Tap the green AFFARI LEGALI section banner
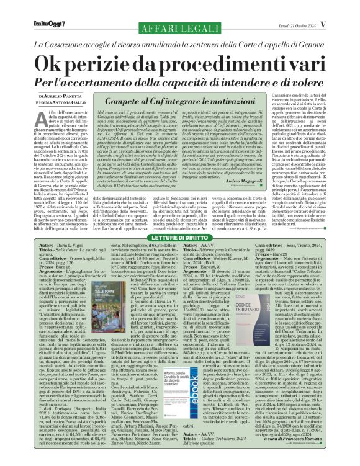pos(180,13)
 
